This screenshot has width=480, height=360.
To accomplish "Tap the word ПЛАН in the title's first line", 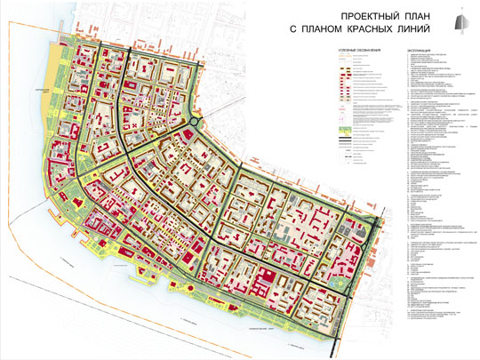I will click(x=411, y=16).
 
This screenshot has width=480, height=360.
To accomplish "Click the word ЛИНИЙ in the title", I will click(x=420, y=29).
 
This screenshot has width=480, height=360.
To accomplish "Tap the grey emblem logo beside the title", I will click(x=461, y=22).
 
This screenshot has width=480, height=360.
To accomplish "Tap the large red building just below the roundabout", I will click(x=188, y=136).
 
